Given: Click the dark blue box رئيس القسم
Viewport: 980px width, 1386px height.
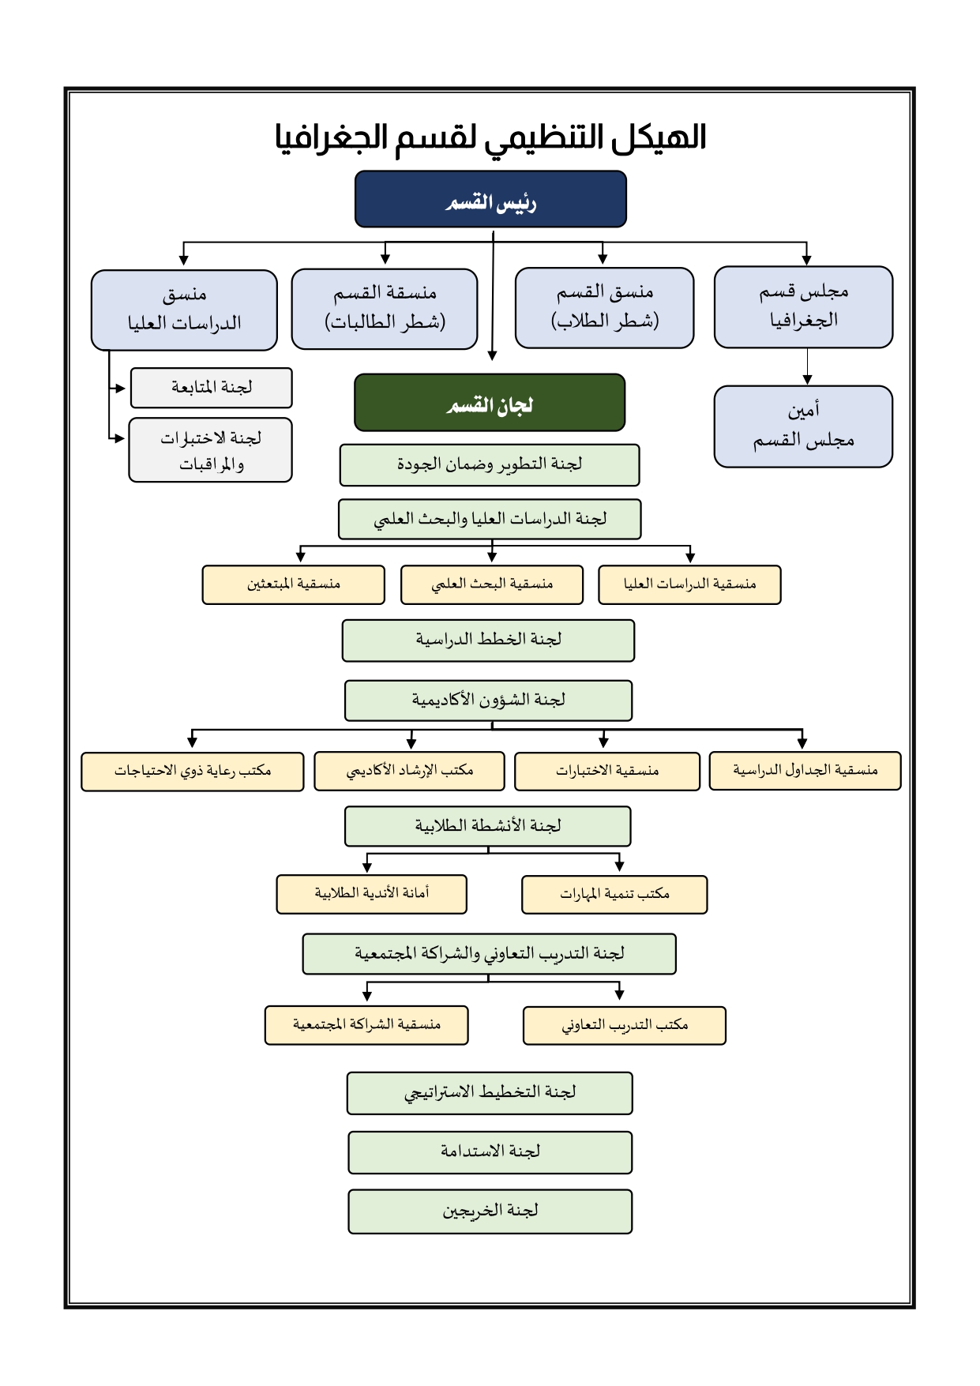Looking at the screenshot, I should pos(490,199).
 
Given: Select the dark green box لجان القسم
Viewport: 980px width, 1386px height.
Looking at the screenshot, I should pos(490,403).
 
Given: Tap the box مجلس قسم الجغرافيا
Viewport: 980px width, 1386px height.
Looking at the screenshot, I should pos(803,306).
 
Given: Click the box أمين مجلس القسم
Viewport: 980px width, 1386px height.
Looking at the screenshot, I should pos(803,426).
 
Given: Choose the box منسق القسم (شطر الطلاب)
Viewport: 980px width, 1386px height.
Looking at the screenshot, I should pos(604,307).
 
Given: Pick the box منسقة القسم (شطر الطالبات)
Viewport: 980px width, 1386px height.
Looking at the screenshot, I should pos(385,309).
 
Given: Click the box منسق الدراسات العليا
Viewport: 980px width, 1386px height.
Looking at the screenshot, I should pos(184,310).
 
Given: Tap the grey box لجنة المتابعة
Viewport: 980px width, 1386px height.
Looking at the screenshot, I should pos(211,388).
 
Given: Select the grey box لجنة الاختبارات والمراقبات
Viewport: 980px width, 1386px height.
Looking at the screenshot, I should pos(211,450).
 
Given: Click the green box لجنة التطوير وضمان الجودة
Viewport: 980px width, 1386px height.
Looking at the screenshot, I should pos(490,464).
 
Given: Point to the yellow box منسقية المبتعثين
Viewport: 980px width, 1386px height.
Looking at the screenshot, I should pos(293,584).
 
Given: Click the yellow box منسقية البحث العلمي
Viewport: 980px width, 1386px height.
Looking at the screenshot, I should pos(491,584).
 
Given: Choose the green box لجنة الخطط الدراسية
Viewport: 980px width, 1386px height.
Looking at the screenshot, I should pos(488,640).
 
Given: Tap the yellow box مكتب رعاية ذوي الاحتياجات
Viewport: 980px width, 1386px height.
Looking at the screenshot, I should pos(192,771).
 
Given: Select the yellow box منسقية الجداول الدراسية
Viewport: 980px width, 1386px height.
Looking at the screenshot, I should pos(805,770).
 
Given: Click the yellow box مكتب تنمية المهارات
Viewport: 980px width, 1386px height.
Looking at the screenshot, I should pos(614,894).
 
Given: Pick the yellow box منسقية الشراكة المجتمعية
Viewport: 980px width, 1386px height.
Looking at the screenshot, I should pos(366,1025).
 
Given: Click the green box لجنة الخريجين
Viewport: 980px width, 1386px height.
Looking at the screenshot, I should pos(490,1211).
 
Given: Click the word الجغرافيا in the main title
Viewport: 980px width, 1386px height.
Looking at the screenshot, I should pos(332,137).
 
